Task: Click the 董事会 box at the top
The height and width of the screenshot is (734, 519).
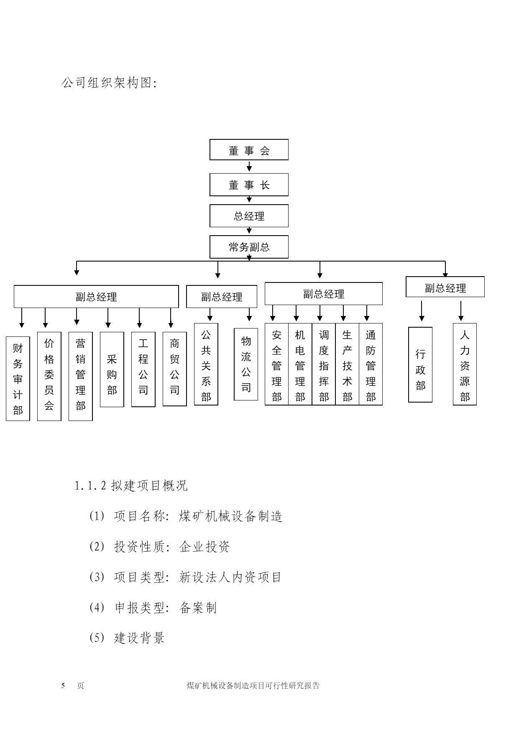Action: [249, 150]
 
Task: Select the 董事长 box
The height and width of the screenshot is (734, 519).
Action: [249, 185]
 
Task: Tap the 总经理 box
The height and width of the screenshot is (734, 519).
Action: [249, 216]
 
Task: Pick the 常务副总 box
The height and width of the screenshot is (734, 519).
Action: [249, 247]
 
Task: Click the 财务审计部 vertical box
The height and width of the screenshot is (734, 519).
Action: [18, 379]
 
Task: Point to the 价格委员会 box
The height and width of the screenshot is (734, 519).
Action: [49, 376]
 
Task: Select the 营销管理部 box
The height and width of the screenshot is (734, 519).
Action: [80, 376]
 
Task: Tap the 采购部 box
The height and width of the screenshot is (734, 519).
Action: [112, 370]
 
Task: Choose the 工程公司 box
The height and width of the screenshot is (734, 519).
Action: [143, 370]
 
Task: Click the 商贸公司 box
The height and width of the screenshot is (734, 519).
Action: [174, 369]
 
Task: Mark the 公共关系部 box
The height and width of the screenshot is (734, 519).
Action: [206, 364]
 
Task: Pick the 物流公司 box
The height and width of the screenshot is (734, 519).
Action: [246, 364]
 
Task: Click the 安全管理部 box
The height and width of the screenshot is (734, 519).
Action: [276, 364]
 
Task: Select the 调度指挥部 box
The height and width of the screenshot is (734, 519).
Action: [324, 364]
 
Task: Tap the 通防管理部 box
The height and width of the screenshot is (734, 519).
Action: [371, 364]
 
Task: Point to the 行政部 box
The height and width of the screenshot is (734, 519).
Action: [420, 365]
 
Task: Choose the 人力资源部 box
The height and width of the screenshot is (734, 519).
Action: [465, 364]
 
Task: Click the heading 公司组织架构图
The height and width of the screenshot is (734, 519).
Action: [109, 83]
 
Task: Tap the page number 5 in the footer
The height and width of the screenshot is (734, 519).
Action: [64, 685]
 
